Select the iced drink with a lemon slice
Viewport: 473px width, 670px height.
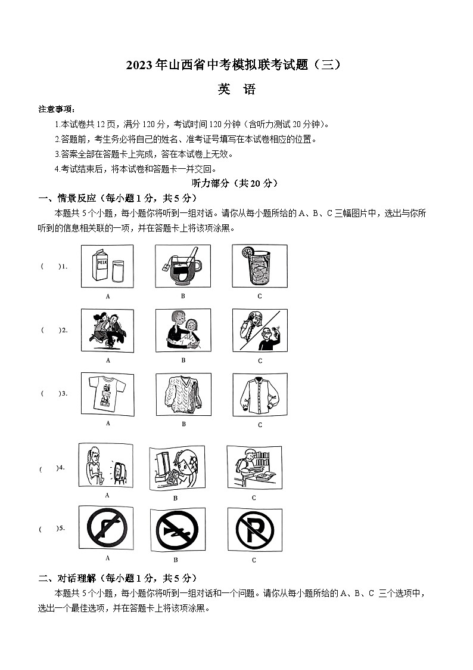click(259, 266)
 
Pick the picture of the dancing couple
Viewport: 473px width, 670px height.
click(107, 330)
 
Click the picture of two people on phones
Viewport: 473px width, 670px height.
click(259, 330)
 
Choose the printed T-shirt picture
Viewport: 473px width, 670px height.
click(107, 394)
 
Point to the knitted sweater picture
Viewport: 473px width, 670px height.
click(183, 394)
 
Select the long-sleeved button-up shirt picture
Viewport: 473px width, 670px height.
click(259, 395)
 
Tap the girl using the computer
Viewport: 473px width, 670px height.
click(176, 468)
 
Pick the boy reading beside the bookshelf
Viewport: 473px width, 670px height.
click(254, 467)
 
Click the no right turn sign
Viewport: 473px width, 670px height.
click(107, 528)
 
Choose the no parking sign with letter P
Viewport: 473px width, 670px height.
click(254, 530)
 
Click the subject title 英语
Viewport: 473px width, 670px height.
click(236, 89)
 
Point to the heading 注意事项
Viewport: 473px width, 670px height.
click(57, 109)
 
